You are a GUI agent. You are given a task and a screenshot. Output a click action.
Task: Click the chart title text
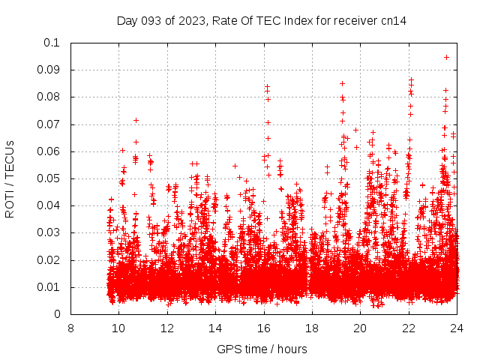point(262,20)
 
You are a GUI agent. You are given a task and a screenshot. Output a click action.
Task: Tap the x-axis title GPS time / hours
point(262,349)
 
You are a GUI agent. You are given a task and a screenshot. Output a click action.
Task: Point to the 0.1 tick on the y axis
point(53,43)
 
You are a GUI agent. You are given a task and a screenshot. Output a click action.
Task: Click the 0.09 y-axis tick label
point(49,70)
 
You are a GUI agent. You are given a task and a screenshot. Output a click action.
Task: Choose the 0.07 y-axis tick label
point(49,124)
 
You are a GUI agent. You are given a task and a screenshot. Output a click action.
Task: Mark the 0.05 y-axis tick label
point(49,178)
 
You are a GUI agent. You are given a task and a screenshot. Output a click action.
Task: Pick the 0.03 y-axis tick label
point(49,233)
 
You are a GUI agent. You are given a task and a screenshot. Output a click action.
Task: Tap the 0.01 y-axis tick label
point(49,287)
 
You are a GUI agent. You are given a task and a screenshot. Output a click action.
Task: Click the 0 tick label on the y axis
point(58,315)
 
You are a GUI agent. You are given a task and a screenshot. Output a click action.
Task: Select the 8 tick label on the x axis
point(70,328)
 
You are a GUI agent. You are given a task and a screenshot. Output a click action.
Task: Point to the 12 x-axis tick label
point(167,328)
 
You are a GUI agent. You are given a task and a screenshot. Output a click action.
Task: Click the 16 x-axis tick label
point(263,328)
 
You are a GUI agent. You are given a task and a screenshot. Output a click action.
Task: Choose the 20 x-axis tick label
point(360,328)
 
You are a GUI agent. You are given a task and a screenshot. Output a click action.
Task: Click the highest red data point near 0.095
point(446,57)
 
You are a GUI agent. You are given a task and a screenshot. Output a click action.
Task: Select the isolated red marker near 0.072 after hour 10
point(136,120)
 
